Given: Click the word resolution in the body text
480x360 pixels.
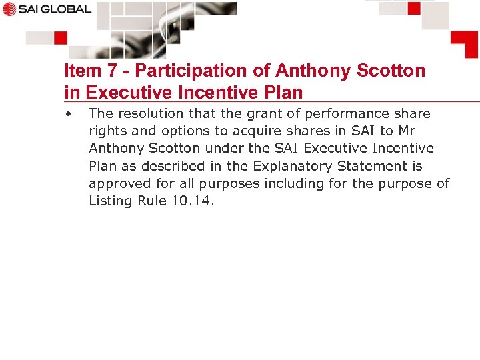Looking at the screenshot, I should point(150,113).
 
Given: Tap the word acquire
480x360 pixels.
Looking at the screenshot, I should point(257,131).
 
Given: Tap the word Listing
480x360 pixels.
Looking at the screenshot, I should point(111,201).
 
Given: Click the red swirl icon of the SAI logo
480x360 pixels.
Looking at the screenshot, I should point(9,9).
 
